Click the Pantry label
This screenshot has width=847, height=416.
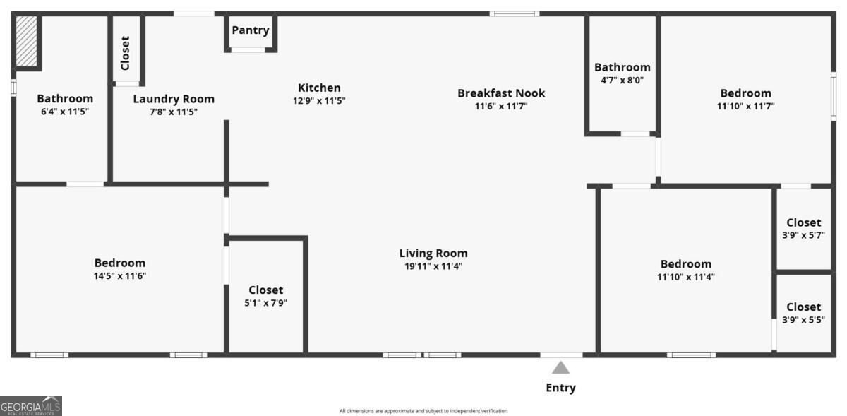coord(251,30)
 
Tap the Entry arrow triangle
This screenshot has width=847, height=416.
coord(560,368)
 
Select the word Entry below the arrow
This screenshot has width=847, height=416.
coord(560,388)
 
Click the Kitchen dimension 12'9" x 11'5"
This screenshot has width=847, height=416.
coord(319,101)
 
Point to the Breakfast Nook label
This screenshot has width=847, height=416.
coord(501,93)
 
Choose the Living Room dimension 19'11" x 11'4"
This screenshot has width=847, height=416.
coord(433,266)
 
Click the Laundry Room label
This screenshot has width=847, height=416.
coord(174,99)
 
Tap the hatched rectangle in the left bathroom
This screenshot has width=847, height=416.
coord(27,41)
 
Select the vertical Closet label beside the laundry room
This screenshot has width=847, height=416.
coord(125,53)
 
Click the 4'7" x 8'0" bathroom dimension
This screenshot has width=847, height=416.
coord(623,81)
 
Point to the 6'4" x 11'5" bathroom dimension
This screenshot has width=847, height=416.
coord(65,112)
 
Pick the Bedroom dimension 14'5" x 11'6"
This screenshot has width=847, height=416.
coord(120,276)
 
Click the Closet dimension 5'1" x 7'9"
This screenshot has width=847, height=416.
coord(265,303)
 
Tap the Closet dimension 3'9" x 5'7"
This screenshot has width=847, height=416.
coord(803,235)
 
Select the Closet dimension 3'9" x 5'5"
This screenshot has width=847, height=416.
coord(803,320)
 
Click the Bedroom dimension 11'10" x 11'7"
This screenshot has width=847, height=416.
coord(745,107)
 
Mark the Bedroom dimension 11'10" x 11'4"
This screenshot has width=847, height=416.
coord(686,277)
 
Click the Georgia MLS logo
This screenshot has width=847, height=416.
coord(30,406)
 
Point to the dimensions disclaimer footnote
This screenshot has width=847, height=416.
coord(423,411)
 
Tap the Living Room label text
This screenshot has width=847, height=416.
coord(433,254)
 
